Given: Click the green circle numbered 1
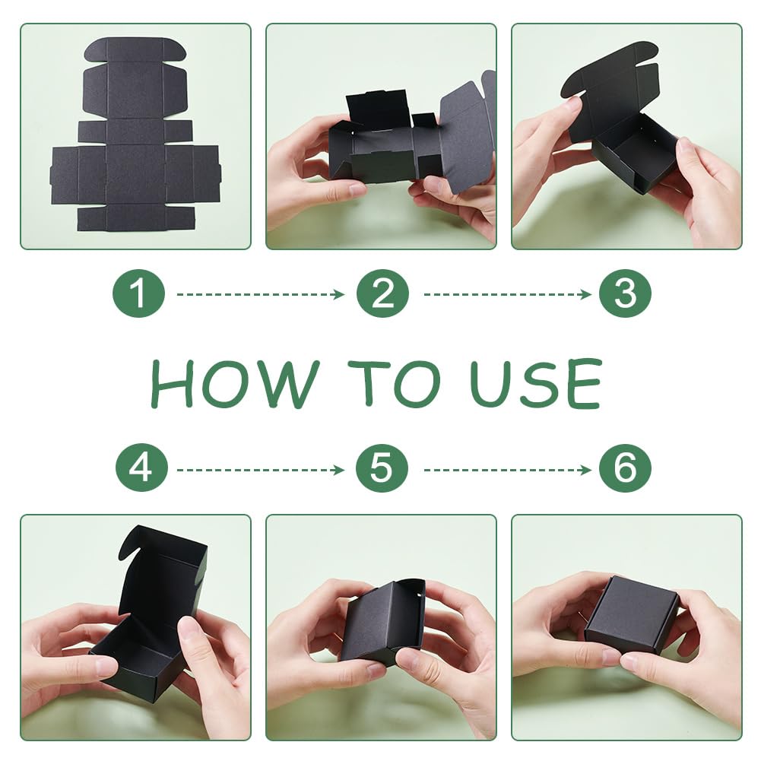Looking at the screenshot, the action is (x=139, y=293).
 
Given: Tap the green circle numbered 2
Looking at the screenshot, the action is (x=382, y=293).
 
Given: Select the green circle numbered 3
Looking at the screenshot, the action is (x=625, y=293).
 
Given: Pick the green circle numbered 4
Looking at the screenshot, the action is (x=141, y=468).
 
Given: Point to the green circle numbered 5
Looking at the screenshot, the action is (x=382, y=468).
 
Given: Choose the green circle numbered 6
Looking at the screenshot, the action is (x=625, y=468).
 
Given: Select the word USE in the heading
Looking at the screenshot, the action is (x=536, y=384).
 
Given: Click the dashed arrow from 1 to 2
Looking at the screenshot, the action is (x=261, y=294).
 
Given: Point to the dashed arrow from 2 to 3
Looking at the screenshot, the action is (x=508, y=294).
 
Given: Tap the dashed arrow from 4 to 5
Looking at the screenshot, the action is (x=261, y=470).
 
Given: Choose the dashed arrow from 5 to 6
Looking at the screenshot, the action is (x=508, y=470).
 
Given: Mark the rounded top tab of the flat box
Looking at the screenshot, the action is (x=135, y=49).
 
